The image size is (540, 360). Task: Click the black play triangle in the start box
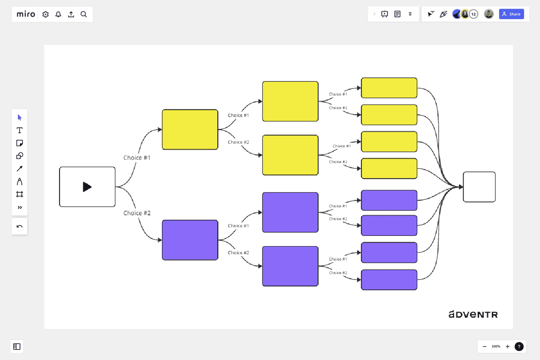point(87,187)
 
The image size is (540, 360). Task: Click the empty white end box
point(479,187)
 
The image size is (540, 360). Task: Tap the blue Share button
point(511,14)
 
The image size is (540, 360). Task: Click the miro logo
point(26,14)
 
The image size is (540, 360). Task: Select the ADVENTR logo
point(473,315)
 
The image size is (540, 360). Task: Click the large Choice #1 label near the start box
point(137,158)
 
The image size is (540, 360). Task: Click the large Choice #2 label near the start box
point(137,213)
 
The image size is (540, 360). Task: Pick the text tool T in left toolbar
point(19,130)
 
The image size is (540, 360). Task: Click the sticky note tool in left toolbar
point(19,143)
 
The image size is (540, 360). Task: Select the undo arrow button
point(19,226)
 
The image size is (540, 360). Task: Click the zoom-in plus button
point(507,346)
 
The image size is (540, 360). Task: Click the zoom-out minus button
point(484,346)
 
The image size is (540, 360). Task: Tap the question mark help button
point(519,346)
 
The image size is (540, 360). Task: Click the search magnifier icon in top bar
point(84,14)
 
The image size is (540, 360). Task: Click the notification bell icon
point(58,14)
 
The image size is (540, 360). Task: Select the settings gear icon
point(45,14)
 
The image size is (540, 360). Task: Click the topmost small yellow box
point(389,88)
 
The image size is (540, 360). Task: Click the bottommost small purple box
point(389,280)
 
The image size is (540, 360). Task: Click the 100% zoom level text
point(496,346)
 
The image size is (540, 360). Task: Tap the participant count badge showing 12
point(474,14)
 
